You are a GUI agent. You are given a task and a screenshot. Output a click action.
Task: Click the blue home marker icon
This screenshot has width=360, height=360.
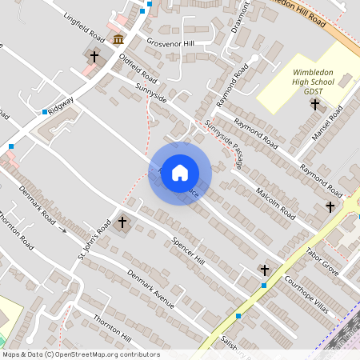180,173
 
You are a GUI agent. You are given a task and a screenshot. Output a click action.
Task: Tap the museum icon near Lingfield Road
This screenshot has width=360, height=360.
118,39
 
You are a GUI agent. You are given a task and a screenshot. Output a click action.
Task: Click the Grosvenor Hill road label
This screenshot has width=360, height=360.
170,42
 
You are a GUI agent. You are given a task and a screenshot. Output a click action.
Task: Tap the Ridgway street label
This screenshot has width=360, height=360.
62,104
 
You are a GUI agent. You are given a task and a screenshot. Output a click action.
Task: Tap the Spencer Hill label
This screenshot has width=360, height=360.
189,252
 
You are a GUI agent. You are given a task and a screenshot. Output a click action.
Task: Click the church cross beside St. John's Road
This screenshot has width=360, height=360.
122,222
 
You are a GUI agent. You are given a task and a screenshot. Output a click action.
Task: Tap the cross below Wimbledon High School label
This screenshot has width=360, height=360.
314,104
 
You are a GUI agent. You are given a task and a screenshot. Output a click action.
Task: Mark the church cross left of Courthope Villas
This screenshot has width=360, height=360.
264,270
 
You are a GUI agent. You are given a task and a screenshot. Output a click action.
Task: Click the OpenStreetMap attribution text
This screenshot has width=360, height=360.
81,354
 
